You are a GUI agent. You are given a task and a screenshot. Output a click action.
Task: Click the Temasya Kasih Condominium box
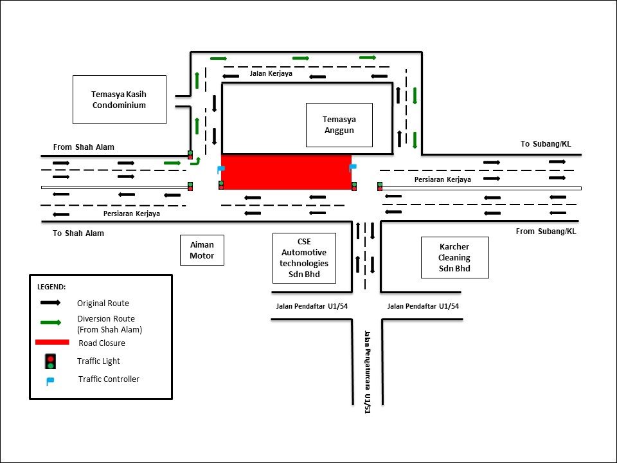119,100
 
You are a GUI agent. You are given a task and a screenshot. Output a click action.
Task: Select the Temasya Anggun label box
339,125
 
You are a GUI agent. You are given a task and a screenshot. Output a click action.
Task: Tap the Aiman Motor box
202,250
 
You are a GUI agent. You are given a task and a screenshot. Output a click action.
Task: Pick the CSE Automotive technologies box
304,257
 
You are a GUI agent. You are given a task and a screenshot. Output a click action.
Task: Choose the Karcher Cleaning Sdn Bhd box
454,257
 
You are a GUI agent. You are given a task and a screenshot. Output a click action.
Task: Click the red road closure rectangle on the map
286,172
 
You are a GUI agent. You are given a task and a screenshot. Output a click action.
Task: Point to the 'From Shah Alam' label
84,147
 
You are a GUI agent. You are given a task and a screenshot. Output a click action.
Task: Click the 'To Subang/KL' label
545,144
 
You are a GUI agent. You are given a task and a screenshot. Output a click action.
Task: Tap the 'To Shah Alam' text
78,233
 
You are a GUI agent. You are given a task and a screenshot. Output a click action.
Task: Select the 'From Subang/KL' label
546,231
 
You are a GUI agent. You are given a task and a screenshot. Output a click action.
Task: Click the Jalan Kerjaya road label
271,74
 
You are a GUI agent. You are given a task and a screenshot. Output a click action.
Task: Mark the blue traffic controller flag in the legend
50,380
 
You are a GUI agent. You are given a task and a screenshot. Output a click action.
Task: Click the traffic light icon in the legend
50,361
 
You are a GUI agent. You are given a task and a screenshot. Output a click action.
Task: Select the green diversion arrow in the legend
50,322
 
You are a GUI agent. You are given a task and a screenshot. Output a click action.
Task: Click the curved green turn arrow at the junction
195,161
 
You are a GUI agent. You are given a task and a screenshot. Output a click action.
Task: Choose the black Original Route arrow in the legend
50,302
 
